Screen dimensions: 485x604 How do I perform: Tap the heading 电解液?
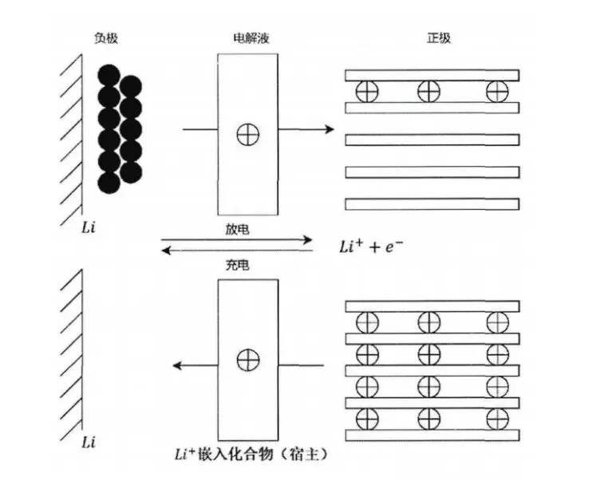pyautogui.click(x=247, y=38)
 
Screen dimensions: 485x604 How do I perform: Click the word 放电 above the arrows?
pyautogui.click(x=238, y=229)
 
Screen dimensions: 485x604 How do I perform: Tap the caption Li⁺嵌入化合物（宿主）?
pyautogui.click(x=251, y=455)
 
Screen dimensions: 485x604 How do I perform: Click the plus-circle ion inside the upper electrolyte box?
pyautogui.click(x=248, y=135)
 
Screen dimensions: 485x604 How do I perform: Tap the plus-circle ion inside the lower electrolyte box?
pyautogui.click(x=248, y=359)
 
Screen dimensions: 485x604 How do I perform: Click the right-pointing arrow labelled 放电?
pyautogui.click(x=237, y=239)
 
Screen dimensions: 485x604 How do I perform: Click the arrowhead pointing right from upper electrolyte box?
pyautogui.click(x=326, y=128)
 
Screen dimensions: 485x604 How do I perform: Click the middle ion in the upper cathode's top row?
pyautogui.click(x=429, y=91)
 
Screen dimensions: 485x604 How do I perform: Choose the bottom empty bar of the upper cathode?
pyautogui.click(x=432, y=203)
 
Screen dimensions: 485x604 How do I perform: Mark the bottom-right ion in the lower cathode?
pyautogui.click(x=498, y=417)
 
